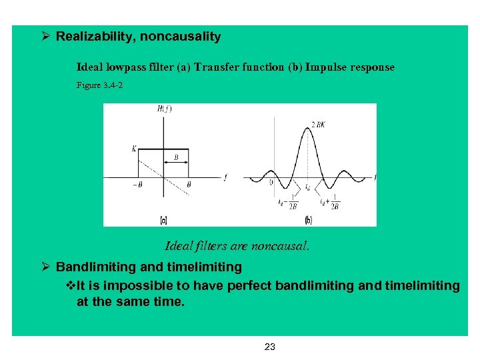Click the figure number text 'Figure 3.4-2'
[x=99, y=85]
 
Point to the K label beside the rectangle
[x=134, y=149]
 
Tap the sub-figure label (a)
[x=163, y=219]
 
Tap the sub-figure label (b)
[x=308, y=219]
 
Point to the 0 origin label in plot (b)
[x=271, y=181]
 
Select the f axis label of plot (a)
[x=225, y=177]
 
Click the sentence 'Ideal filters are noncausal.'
[x=237, y=246]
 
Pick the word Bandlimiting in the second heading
[x=89, y=267]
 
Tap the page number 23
[x=270, y=347]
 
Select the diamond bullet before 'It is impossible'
[x=73, y=286]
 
